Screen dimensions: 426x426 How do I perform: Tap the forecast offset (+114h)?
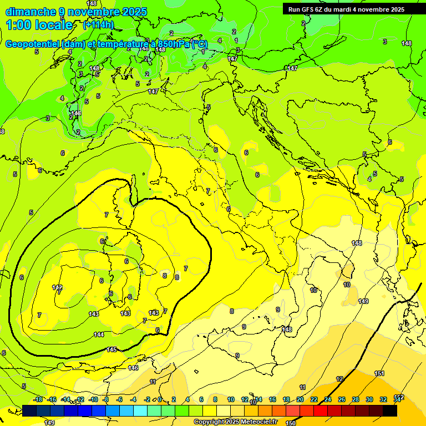point(98,25)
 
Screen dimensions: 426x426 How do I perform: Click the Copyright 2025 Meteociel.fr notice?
point(235,422)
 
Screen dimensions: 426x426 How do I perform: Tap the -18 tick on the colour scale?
point(38,399)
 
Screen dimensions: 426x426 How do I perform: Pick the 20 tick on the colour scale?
point(300,399)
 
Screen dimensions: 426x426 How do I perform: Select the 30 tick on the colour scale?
point(369,399)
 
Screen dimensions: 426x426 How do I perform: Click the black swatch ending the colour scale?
point(390,410)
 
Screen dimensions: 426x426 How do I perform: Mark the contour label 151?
point(379,374)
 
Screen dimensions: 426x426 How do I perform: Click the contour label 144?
point(99,334)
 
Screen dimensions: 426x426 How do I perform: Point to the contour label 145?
point(111,349)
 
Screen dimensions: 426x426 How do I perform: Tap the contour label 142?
point(57,287)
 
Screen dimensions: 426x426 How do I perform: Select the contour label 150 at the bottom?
point(290,423)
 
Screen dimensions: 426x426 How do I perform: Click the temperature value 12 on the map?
point(339,379)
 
